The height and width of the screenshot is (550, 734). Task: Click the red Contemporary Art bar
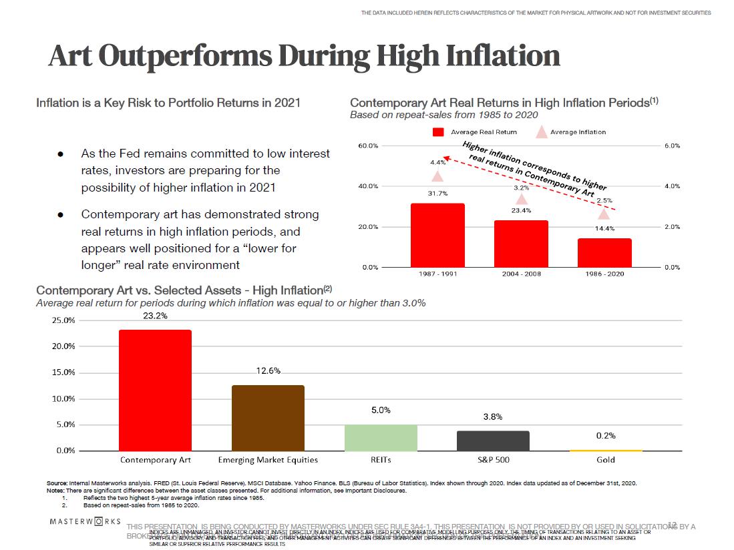155,390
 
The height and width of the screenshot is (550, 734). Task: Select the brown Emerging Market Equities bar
268,418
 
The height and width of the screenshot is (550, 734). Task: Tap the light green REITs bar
381,438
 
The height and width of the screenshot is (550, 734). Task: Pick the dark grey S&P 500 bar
493,441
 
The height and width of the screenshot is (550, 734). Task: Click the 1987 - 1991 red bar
437,235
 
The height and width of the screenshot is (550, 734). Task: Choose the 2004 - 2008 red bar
521,244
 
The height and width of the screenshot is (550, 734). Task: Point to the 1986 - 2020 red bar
604,252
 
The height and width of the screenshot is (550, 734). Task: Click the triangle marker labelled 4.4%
437,176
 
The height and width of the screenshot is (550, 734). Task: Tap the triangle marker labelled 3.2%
522,199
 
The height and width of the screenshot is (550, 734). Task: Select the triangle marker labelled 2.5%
604,214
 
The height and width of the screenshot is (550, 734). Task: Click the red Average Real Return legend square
439,132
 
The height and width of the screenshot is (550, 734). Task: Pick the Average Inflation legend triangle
542,132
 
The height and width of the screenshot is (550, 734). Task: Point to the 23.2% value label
155,316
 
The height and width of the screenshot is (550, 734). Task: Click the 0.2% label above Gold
606,435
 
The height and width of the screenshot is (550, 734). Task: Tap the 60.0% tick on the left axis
368,146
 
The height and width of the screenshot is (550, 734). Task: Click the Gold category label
606,460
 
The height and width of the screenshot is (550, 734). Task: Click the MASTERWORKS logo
85,521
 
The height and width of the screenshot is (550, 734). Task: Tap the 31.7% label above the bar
437,194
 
